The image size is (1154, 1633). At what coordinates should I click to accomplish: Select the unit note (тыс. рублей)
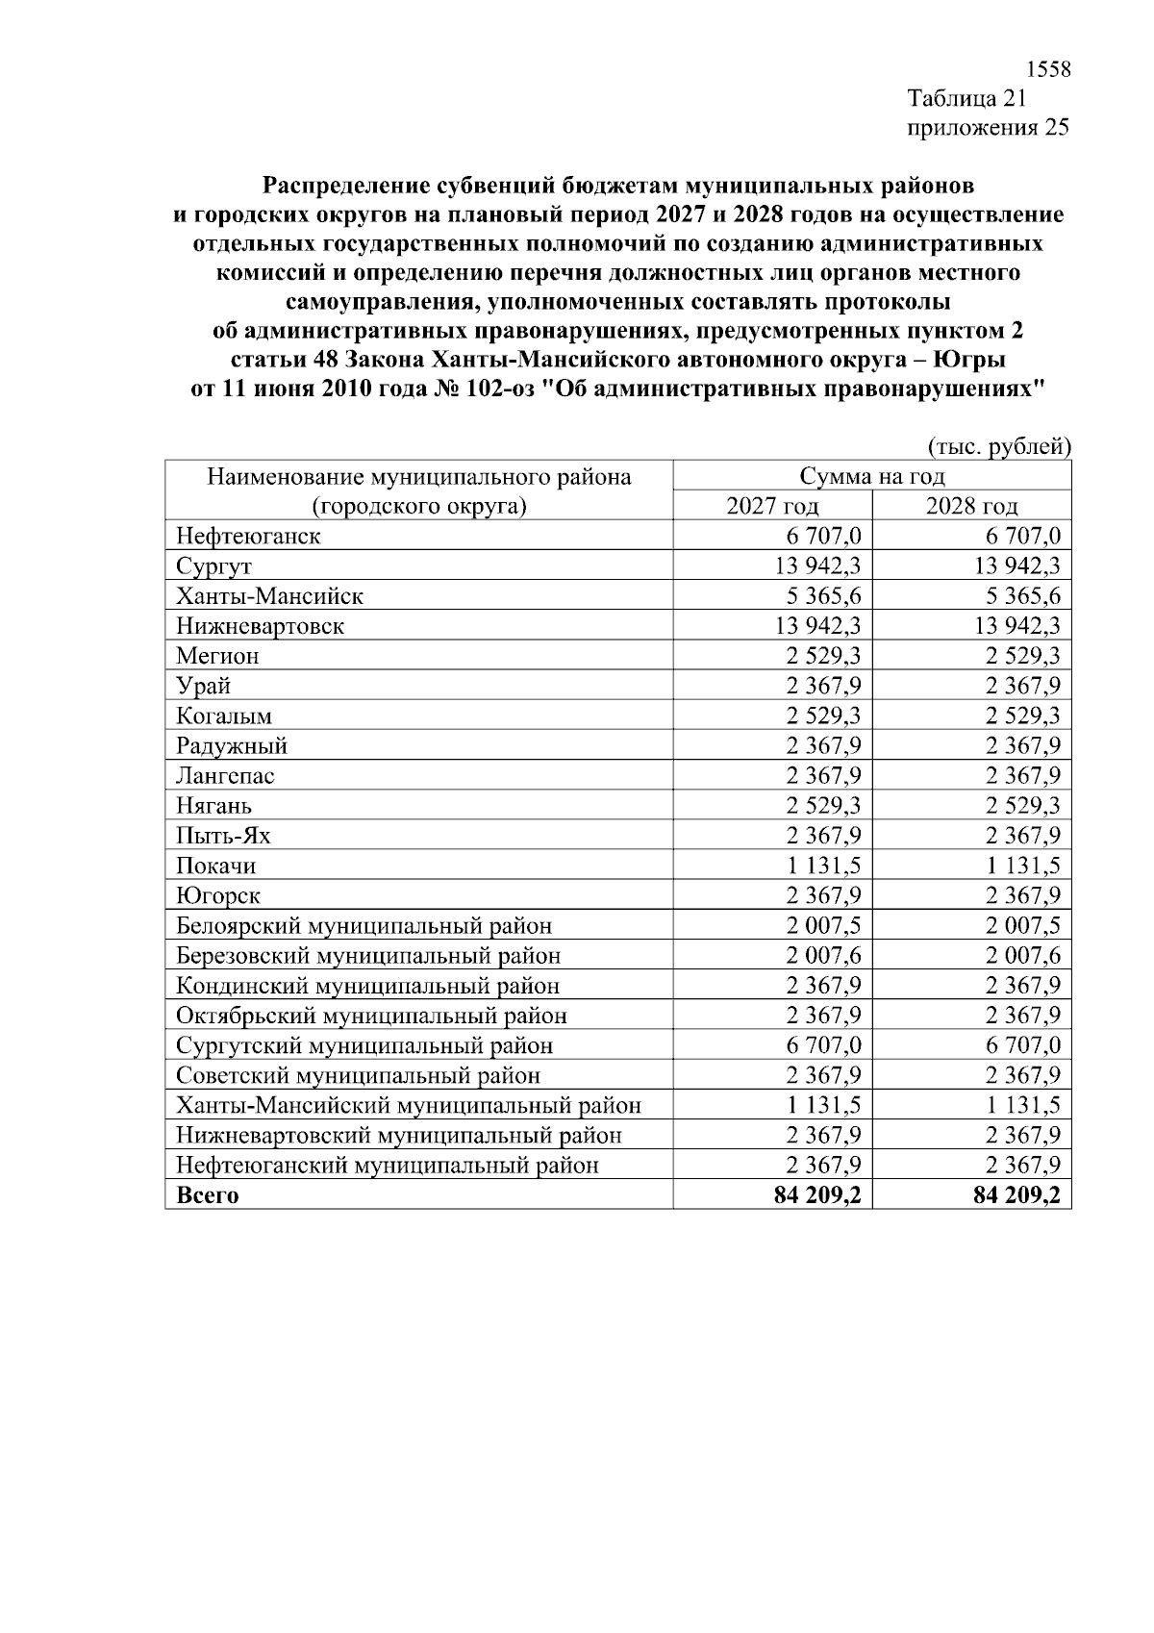(999, 446)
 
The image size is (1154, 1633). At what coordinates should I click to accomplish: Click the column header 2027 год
(772, 506)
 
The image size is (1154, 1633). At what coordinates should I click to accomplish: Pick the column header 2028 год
(971, 506)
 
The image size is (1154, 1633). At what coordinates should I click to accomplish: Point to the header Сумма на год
(871, 476)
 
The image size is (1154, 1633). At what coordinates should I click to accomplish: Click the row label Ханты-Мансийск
(269, 596)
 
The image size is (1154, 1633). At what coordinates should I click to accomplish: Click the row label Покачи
(215, 866)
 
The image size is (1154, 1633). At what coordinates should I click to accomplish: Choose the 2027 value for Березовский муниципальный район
(822, 955)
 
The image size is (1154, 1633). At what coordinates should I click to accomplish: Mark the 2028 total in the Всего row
(1016, 1195)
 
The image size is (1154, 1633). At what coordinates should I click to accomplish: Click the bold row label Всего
(208, 1195)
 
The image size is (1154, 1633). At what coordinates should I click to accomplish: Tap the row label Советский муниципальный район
(358, 1075)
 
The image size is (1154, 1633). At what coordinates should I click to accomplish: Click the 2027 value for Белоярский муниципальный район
(822, 925)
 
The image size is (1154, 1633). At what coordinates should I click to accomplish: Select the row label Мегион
(217, 656)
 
